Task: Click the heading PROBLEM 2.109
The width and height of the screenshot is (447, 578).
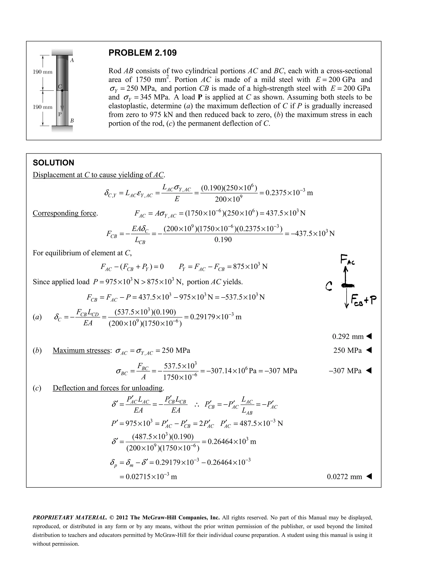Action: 143,53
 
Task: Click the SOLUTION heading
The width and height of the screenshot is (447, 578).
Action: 53,163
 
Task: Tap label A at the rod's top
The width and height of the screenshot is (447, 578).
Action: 72,61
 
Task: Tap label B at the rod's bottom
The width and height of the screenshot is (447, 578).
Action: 72,121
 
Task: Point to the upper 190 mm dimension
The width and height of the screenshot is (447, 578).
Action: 42,72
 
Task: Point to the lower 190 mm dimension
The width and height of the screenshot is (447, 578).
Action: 42,107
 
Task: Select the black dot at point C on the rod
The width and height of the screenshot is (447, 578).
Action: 62,91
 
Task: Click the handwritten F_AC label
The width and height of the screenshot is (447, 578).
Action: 347,260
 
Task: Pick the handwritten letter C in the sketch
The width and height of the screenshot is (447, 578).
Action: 329,286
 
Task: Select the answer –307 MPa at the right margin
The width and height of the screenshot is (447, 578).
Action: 345,371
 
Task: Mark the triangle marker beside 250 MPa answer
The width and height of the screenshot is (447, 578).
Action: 369,351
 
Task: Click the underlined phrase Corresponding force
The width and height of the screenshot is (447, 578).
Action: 64,213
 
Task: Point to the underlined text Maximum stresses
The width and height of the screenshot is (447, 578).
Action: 81,351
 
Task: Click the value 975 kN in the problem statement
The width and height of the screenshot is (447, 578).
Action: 161,115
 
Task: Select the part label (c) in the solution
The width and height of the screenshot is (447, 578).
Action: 37,388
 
